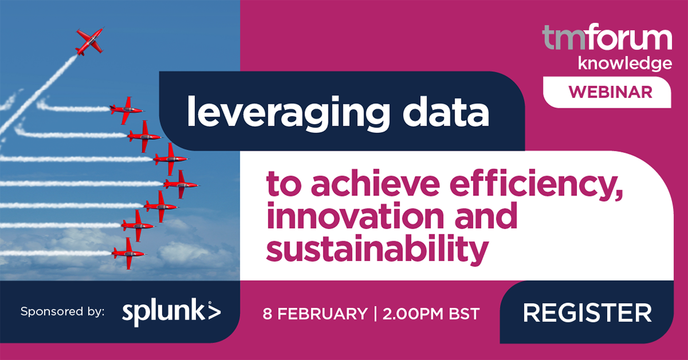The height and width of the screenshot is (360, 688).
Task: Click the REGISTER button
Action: point(587,313)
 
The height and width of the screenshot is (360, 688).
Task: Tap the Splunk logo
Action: point(171,312)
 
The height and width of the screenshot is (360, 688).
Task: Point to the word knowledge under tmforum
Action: point(624,63)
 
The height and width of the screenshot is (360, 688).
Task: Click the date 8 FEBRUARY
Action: point(315,314)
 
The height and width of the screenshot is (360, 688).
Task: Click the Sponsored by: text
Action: point(62,312)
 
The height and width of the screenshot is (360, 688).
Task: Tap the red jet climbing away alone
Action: point(89,41)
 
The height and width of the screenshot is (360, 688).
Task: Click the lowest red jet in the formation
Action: point(128,252)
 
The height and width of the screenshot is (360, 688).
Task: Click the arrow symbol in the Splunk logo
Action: point(213,312)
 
